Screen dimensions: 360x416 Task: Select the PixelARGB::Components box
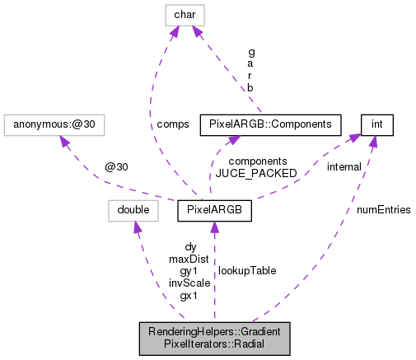click(x=271, y=125)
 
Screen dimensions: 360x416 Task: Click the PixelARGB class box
click(x=213, y=210)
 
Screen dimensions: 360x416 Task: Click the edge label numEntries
click(x=385, y=210)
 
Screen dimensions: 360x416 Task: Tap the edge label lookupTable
click(x=247, y=270)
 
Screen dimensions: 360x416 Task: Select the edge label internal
click(x=343, y=167)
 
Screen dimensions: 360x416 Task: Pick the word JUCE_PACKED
click(x=258, y=173)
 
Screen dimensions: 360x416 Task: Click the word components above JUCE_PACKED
click(x=258, y=161)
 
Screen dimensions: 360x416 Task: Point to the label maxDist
click(x=189, y=259)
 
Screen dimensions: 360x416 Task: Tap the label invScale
click(x=189, y=283)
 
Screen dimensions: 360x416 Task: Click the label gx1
click(x=189, y=295)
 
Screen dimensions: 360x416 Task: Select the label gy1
click(x=189, y=270)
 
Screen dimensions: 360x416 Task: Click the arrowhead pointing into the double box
click(x=137, y=227)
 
